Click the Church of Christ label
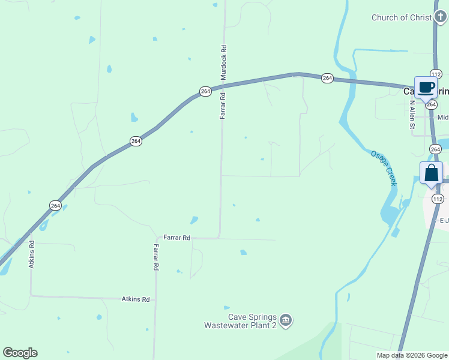402,17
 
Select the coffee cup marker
426,88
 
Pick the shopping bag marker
432,173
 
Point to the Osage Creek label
383,167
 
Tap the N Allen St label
412,115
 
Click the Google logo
20,353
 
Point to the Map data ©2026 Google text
412,355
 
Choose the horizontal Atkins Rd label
135,299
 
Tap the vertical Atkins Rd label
32,254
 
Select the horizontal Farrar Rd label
177,238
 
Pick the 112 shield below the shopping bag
438,199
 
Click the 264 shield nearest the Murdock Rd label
205,91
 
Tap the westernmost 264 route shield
55,205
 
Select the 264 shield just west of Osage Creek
327,78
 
